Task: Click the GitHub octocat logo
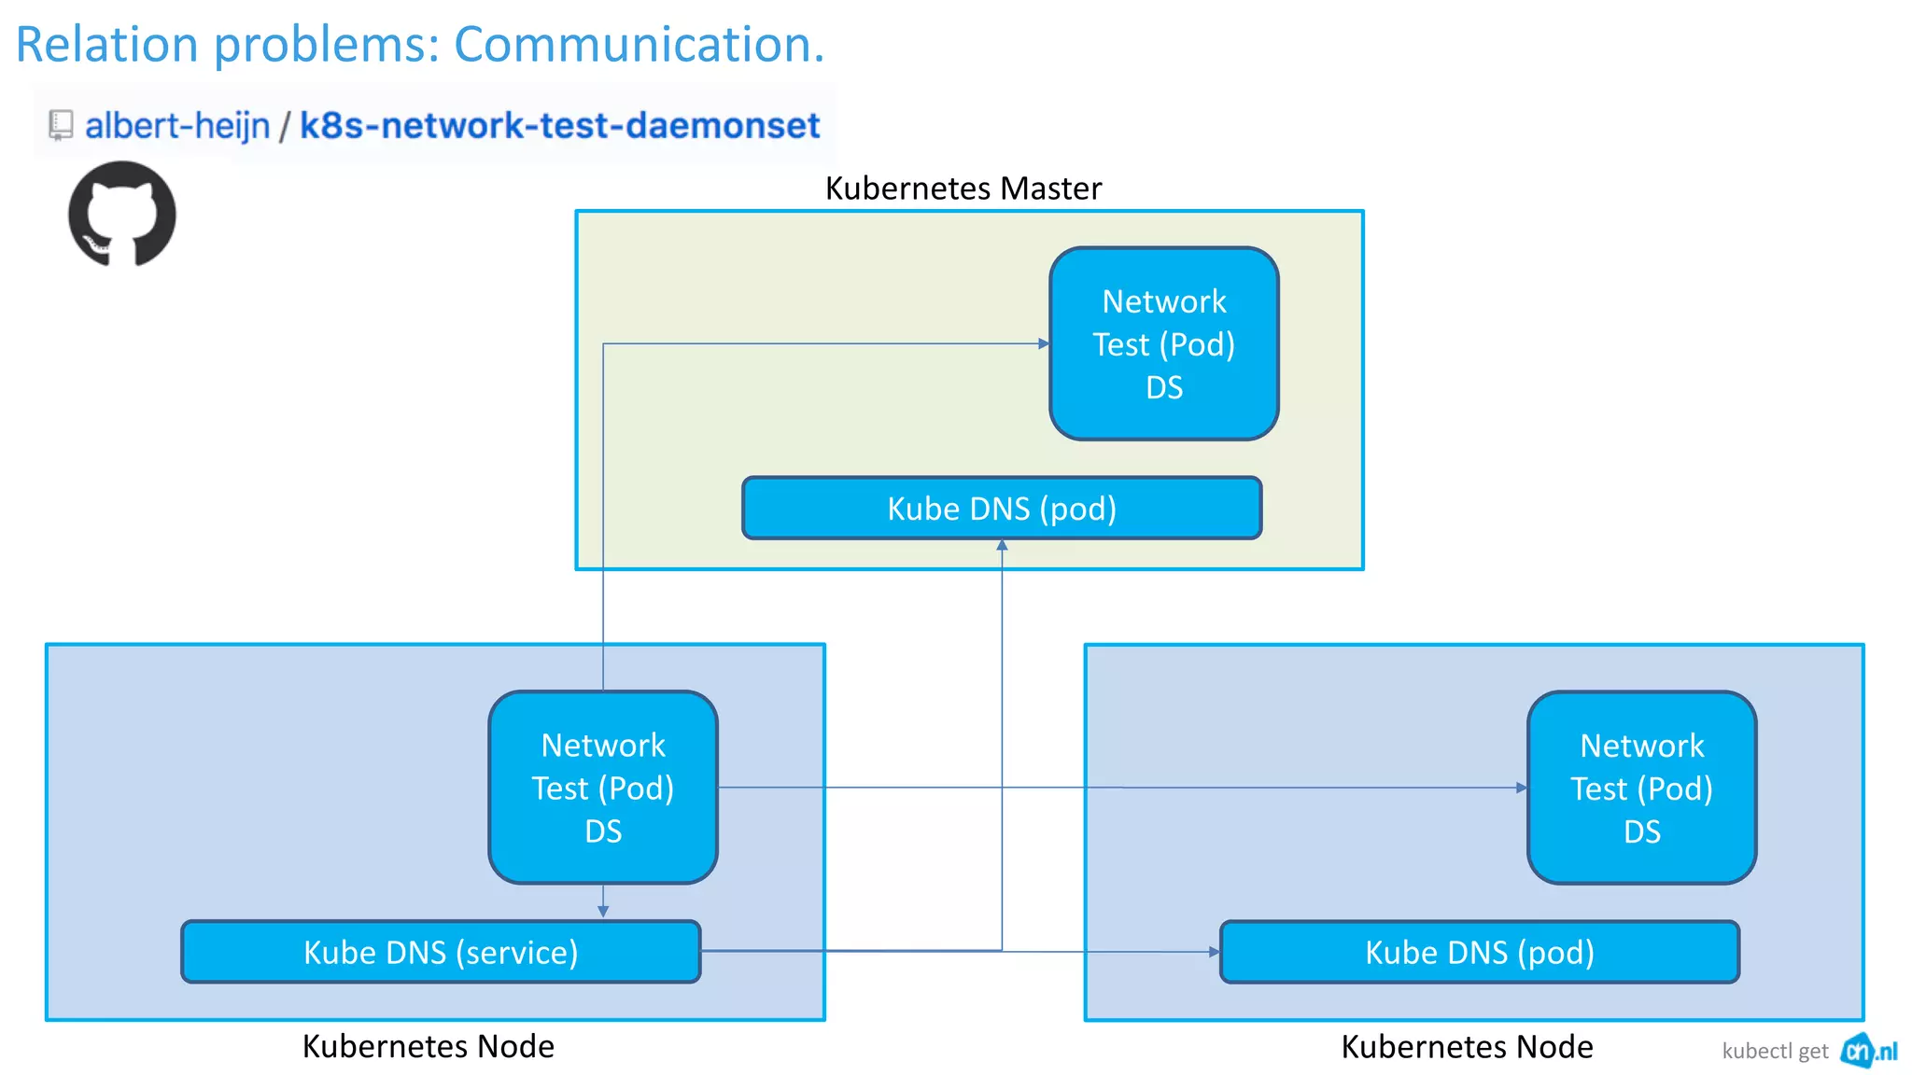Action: (122, 214)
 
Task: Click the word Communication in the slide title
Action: (639, 44)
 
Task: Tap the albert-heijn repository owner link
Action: (177, 125)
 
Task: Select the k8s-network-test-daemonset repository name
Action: (559, 125)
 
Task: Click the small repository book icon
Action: (61, 125)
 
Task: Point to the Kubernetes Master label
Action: (963, 188)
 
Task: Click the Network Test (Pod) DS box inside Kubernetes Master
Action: (1163, 343)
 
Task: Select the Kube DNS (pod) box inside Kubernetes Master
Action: (1002, 509)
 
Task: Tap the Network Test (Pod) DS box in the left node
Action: (603, 788)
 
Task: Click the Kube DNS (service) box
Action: (441, 952)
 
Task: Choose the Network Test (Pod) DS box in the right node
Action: (1641, 788)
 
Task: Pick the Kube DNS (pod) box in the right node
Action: (1479, 952)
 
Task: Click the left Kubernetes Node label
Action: (428, 1046)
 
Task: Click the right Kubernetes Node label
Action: (1467, 1046)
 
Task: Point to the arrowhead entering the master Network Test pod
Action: (1044, 343)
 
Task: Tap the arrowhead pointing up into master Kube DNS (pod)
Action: (1002, 546)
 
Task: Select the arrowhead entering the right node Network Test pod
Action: (1521, 788)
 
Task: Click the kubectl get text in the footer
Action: (1775, 1052)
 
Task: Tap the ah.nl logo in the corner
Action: (1868, 1051)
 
